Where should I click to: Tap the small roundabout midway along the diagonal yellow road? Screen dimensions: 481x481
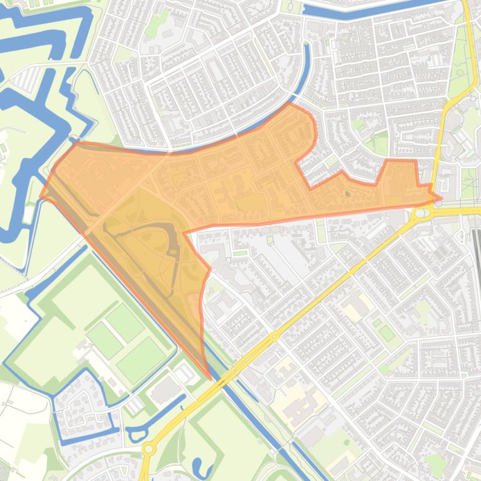pos(274,337)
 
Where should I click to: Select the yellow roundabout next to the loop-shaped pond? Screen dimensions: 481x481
pos(149,448)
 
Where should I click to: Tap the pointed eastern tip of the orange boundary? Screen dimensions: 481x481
pos(440,199)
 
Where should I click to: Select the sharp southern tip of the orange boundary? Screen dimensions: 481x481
pos(209,379)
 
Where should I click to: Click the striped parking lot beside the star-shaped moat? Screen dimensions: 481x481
pos(25,78)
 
